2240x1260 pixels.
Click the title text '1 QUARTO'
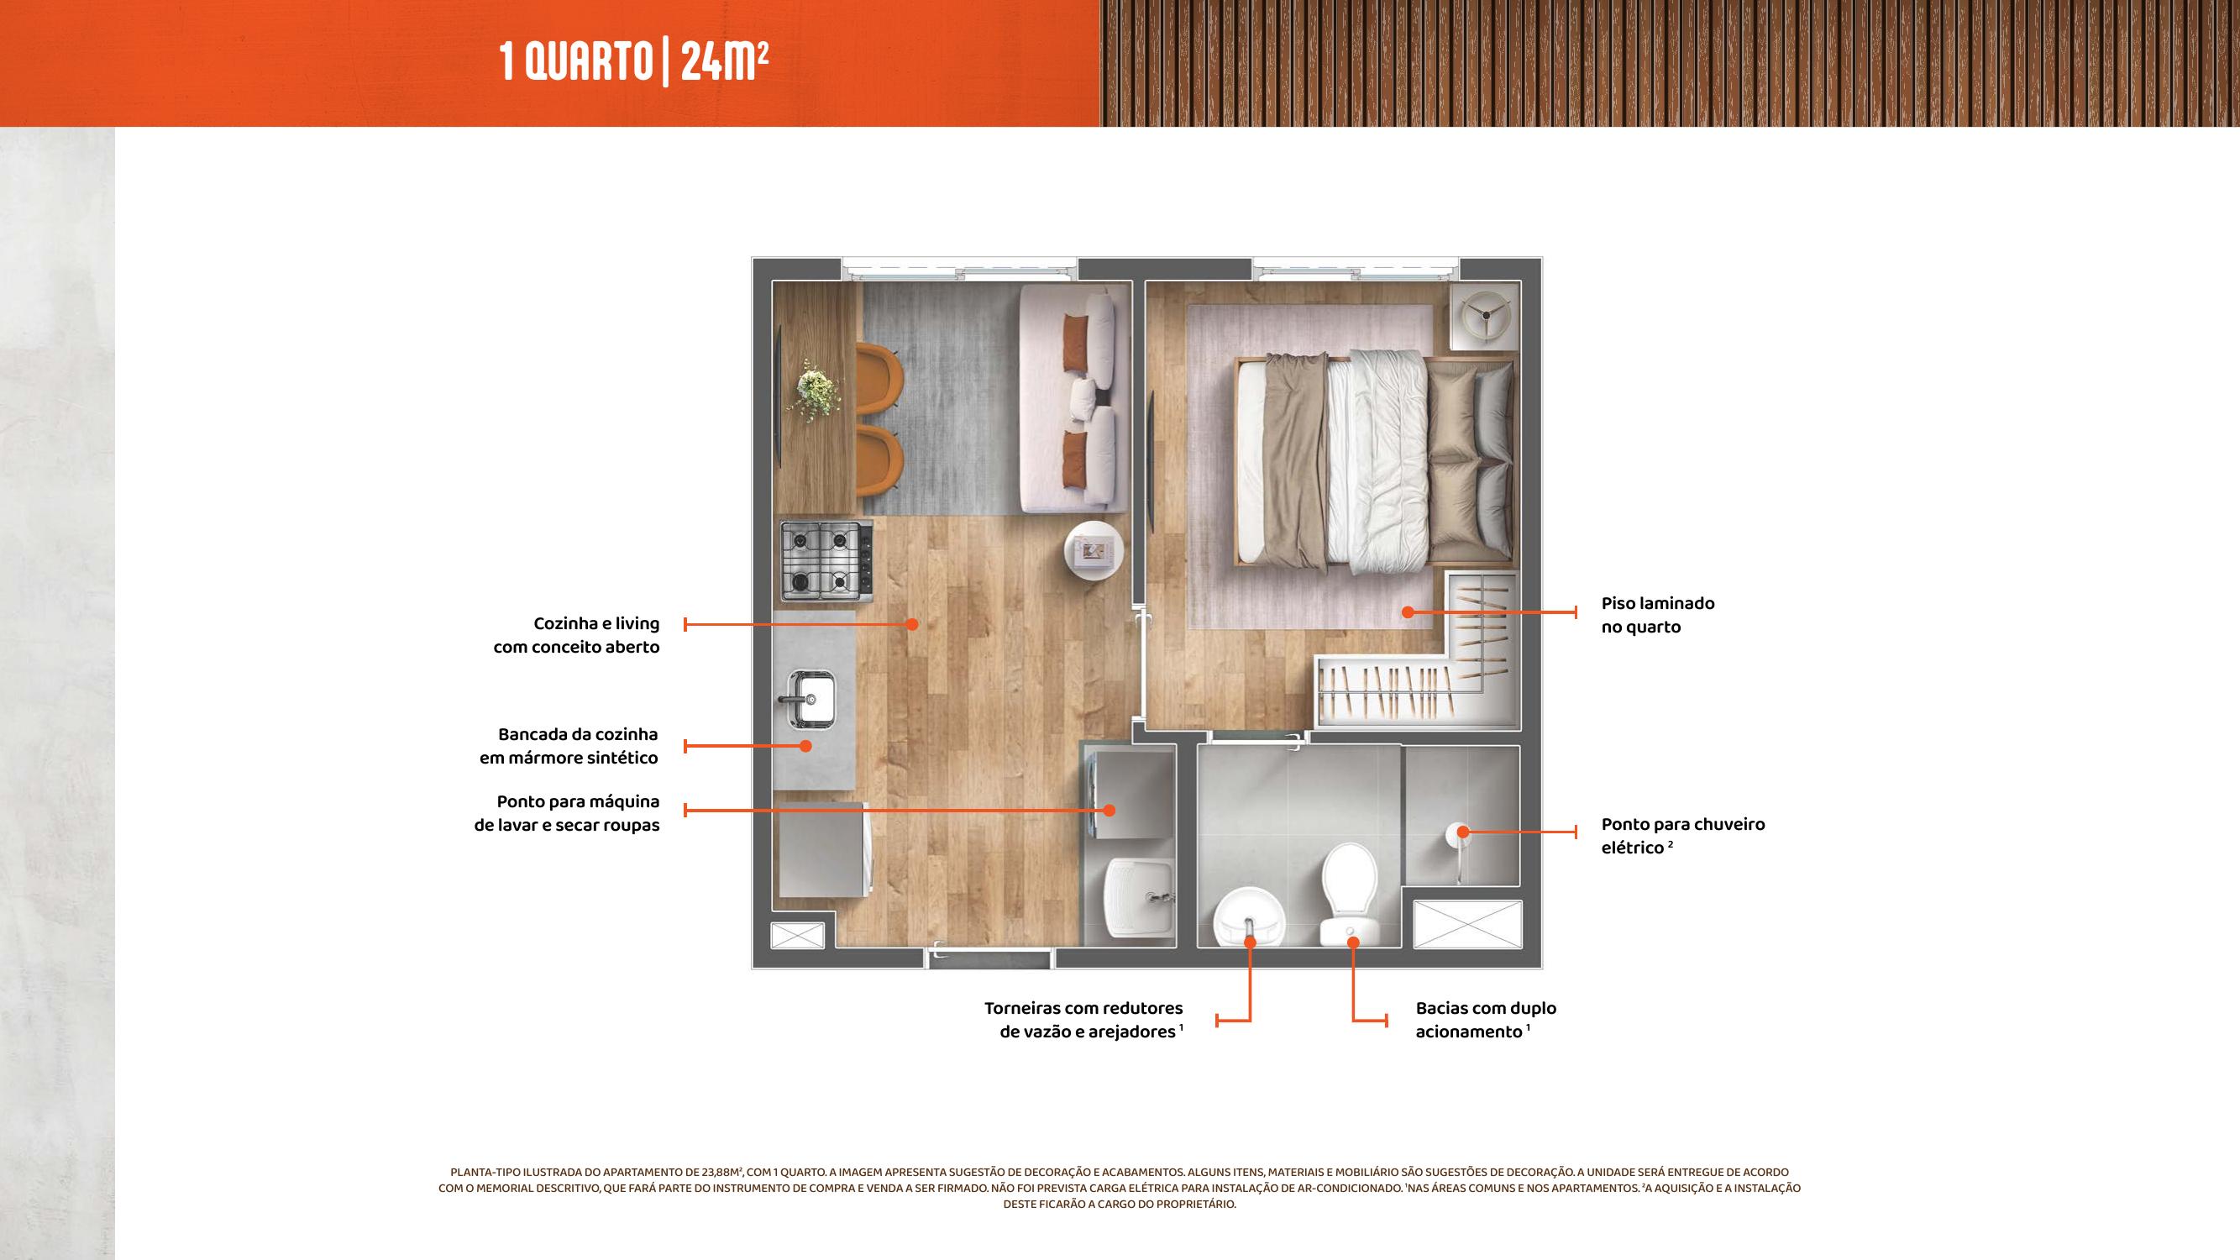click(575, 63)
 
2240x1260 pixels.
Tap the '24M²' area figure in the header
click(724, 61)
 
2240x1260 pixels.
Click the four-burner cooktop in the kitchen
click(826, 560)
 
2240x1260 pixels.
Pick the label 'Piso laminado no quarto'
click(1657, 615)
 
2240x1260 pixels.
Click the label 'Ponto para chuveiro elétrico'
click(1682, 836)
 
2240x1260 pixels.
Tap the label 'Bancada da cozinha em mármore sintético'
click(569, 746)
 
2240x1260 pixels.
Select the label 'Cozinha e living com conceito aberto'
click(576, 635)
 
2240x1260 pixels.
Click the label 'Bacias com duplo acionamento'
click(1485, 1020)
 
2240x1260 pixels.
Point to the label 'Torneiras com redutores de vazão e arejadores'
click(1083, 1020)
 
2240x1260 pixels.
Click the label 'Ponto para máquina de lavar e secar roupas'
click(567, 813)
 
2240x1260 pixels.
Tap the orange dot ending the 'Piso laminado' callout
click(1407, 613)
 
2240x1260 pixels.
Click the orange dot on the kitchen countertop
click(806, 746)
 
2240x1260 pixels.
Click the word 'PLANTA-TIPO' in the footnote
click(481, 1172)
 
